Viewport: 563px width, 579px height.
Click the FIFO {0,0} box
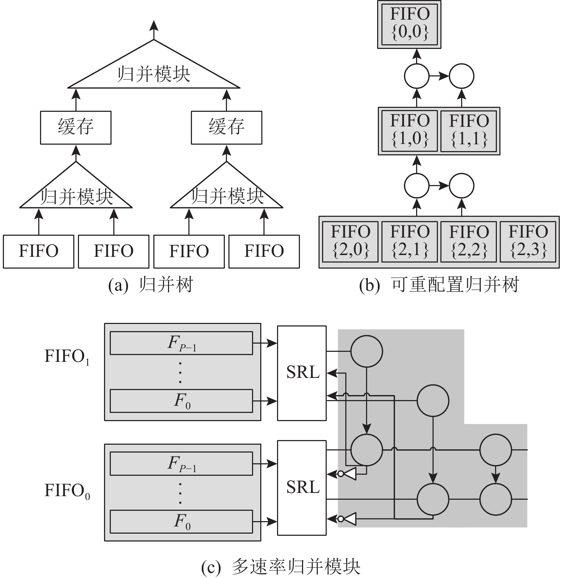(x=409, y=24)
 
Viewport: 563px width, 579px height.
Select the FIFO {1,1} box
(x=469, y=131)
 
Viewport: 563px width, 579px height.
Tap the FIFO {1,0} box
(x=409, y=131)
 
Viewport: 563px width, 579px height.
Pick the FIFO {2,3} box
(x=528, y=242)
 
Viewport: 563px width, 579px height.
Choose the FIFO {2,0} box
(x=350, y=242)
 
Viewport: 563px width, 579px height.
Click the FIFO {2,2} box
(x=469, y=242)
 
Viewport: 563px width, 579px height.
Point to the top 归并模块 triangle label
(x=154, y=74)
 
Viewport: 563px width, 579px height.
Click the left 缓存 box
(x=76, y=128)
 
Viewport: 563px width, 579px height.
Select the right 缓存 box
(x=227, y=128)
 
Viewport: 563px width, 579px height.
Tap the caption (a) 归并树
(x=150, y=285)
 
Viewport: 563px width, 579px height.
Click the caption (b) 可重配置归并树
(x=439, y=285)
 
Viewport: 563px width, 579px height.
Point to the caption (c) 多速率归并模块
(x=281, y=566)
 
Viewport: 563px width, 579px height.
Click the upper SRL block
(x=302, y=373)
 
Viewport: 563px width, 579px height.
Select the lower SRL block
(x=302, y=488)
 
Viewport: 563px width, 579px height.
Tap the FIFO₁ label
(x=67, y=357)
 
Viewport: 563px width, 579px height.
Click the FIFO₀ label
(x=67, y=491)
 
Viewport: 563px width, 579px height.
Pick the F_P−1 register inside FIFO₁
(x=181, y=343)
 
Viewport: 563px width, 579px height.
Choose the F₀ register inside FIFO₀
(x=181, y=521)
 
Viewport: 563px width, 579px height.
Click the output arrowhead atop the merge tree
(x=154, y=25)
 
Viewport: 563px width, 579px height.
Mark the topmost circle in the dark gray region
(x=367, y=351)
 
